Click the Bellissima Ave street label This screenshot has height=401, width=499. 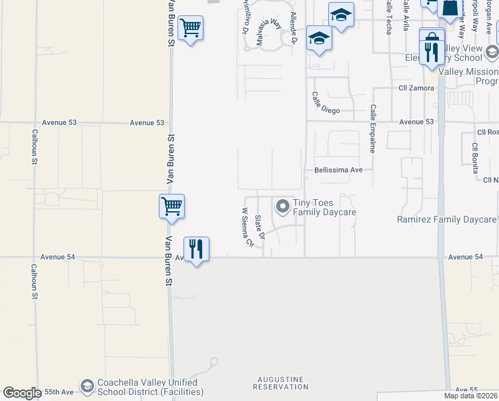338,170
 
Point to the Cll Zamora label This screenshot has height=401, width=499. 416,88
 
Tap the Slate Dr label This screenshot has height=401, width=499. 261,227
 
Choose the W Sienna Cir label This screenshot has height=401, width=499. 247,227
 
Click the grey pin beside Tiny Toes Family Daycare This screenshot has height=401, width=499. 282,207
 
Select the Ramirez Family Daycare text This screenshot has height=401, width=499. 446,219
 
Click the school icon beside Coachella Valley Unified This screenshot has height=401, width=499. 87,386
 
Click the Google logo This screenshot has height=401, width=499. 22,393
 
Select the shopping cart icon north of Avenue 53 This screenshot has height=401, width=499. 191,28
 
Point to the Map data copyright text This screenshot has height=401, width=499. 470,396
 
